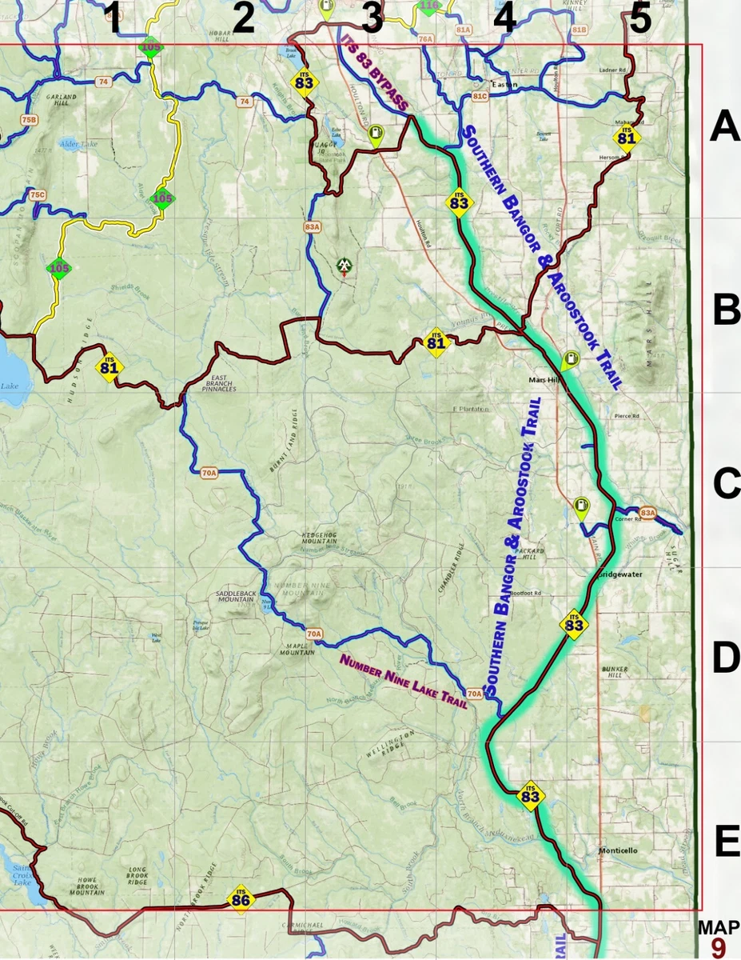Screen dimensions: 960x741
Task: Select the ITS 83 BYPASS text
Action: coord(375,72)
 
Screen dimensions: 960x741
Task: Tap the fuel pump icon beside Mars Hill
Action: coord(570,360)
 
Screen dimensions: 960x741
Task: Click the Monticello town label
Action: coord(618,850)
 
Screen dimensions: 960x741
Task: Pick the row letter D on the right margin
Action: coord(726,658)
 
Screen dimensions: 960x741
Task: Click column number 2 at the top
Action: coord(242,18)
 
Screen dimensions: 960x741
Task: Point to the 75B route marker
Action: coord(29,120)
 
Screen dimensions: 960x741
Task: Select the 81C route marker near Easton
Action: coord(480,96)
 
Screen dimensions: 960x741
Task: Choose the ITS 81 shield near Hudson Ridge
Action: coord(110,367)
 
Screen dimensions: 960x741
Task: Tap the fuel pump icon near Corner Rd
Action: coord(581,506)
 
